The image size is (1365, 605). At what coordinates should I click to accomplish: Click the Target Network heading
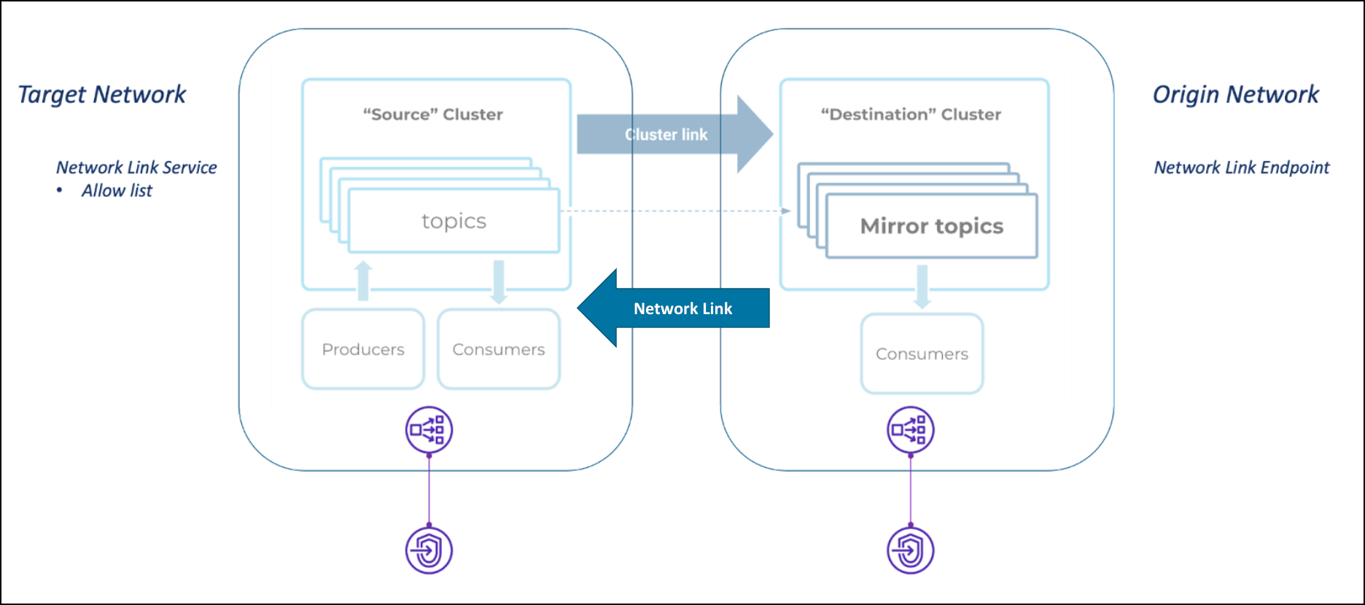click(x=102, y=95)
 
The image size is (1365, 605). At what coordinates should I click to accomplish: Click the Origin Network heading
click(x=1235, y=95)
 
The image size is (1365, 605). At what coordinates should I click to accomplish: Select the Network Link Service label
click(x=136, y=168)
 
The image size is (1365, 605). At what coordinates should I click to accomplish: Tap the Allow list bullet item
click(x=117, y=191)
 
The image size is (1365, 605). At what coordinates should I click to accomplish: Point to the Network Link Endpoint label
click(x=1241, y=168)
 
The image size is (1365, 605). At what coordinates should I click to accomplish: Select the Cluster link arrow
click(x=671, y=135)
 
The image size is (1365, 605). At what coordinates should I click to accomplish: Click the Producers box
click(x=363, y=349)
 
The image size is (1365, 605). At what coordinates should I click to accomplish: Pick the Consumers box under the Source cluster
click(x=499, y=349)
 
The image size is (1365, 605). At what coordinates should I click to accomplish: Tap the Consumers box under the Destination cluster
click(x=922, y=354)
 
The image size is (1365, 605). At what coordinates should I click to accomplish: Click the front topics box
click(x=454, y=221)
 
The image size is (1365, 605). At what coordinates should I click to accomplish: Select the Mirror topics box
click(x=931, y=227)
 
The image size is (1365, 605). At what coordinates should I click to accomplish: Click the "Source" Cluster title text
click(x=433, y=114)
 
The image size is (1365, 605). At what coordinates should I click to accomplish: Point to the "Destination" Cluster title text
click(x=911, y=114)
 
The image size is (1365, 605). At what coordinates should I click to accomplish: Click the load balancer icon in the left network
click(x=429, y=430)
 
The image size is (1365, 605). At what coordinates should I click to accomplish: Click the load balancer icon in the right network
click(x=910, y=430)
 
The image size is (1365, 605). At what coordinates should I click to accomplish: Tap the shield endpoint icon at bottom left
click(x=429, y=550)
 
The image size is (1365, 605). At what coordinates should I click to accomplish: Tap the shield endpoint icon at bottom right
click(x=910, y=550)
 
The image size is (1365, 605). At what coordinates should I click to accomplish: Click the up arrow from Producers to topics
click(x=363, y=281)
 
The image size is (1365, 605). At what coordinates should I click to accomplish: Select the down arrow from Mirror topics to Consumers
click(x=922, y=286)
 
